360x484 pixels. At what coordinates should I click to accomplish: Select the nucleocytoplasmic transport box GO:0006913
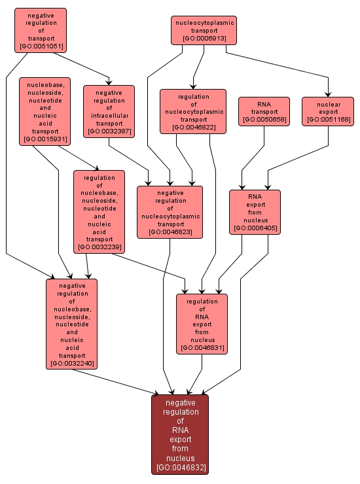coord(204,31)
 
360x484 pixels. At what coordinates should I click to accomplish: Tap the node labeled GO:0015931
coord(45,111)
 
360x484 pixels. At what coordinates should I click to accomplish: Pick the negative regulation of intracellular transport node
coord(109,111)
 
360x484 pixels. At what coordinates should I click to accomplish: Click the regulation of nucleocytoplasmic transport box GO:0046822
coord(192,111)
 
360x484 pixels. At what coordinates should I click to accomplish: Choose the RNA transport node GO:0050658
coord(264,111)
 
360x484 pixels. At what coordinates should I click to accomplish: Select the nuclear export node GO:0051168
coord(328,111)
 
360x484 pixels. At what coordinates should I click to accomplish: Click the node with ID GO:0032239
coord(99,211)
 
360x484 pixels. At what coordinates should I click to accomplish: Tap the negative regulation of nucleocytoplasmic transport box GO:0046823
coord(170,211)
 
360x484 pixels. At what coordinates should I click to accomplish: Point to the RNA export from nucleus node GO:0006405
coord(255,211)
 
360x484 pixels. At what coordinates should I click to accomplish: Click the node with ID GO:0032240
coord(71,324)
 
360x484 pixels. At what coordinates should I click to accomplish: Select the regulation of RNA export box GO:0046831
coord(202,324)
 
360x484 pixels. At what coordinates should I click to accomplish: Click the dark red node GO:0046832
coord(180,434)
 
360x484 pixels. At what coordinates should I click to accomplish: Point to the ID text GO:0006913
coord(204,39)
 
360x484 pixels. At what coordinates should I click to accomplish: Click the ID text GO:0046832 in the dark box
coord(180,468)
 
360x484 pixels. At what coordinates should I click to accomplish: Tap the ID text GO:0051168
coord(328,120)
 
